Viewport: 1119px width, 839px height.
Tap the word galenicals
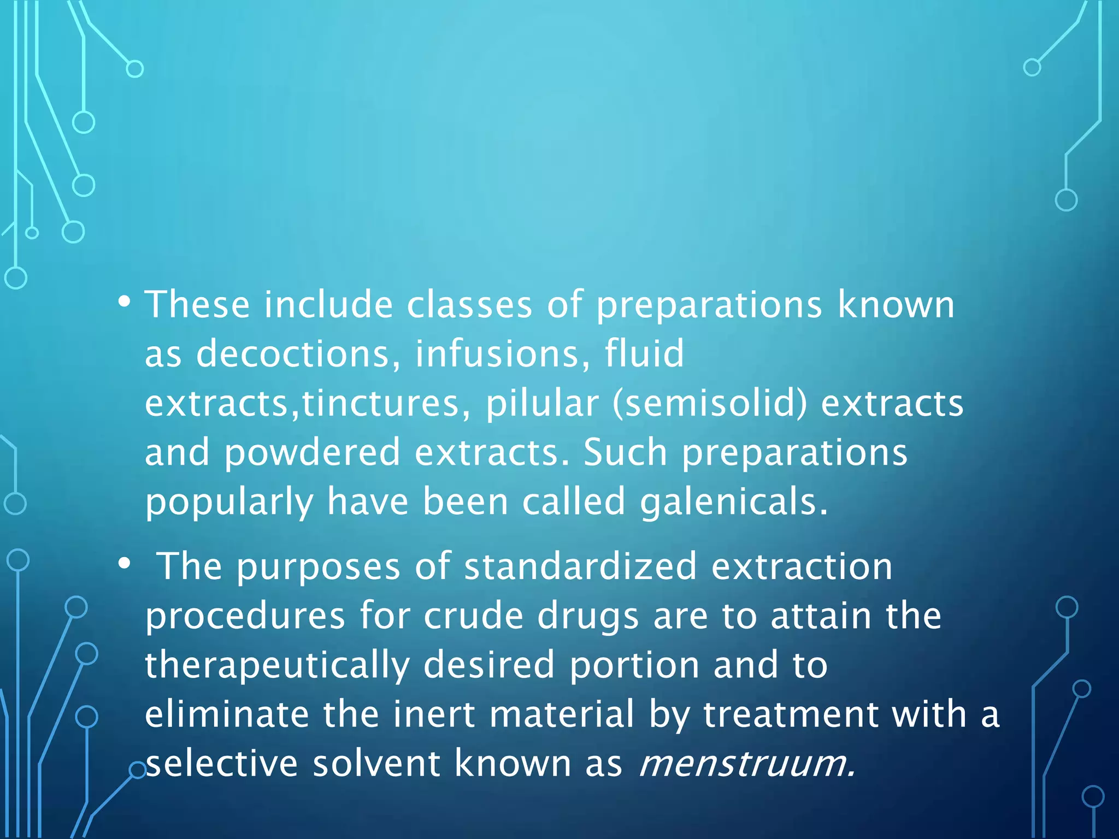734,502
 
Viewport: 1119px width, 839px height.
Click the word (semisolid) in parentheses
710,404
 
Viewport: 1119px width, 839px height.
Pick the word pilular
542,404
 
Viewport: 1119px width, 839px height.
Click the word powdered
312,453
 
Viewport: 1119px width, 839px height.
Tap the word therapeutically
277,665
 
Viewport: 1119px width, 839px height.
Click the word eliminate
227,714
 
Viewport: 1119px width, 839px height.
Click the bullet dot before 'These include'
125,302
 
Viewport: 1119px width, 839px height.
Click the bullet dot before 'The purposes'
125,564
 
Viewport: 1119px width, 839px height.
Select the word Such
625,453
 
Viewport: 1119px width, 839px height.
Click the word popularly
229,502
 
